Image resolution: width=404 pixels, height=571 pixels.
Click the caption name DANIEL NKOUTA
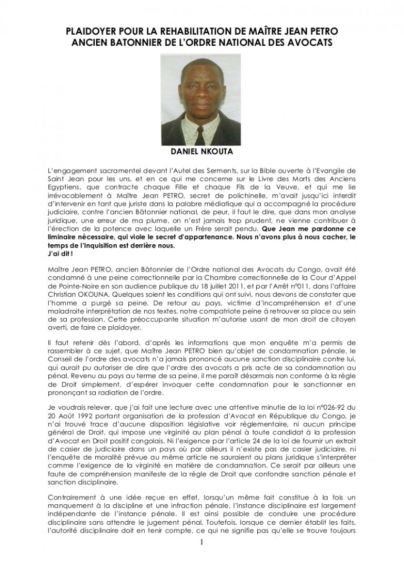tap(201, 152)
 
